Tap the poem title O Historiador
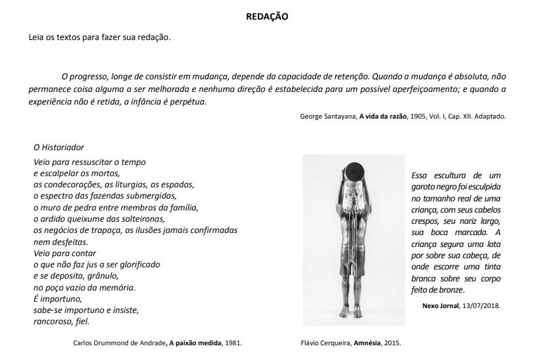[59, 147]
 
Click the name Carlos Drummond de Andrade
[119, 343]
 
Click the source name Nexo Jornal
[441, 307]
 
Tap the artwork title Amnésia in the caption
[367, 343]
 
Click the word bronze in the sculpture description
[450, 290]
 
